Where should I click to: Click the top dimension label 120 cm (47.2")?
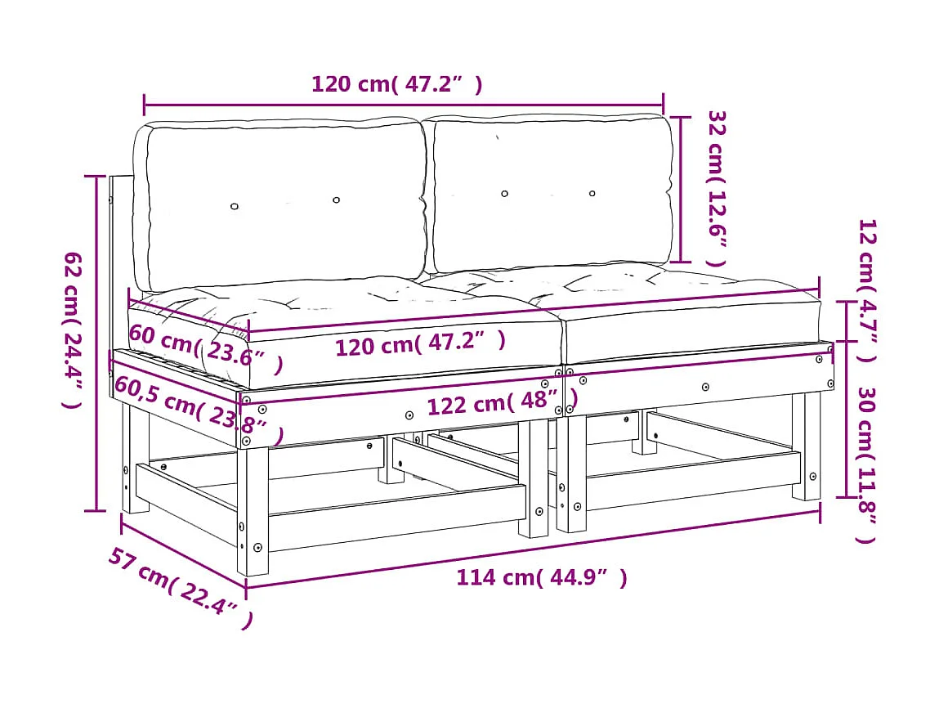tap(396, 84)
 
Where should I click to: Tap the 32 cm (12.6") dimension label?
tap(716, 188)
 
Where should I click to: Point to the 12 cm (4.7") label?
tap(866, 290)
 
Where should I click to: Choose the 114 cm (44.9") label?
tap(541, 578)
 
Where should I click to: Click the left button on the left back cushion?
tap(235, 207)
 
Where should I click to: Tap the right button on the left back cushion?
tap(336, 200)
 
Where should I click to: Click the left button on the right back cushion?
tap(504, 194)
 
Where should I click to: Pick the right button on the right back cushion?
tap(592, 193)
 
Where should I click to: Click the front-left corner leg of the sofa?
tap(252, 507)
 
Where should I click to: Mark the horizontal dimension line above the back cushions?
tap(404, 105)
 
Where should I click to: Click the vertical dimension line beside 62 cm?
tap(96, 343)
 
